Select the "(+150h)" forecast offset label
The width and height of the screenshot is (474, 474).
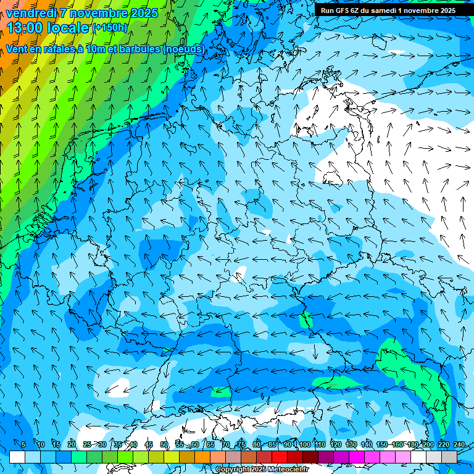click(x=109, y=27)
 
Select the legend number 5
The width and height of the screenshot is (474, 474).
click(x=23, y=445)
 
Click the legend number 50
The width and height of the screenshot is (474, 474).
click(x=164, y=445)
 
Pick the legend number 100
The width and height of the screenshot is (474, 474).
click(x=304, y=445)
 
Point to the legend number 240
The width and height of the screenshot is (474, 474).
click(x=459, y=445)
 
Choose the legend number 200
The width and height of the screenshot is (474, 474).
click(x=428, y=445)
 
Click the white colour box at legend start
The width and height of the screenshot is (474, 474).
click(x=17, y=457)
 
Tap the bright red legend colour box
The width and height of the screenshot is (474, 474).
click(x=280, y=457)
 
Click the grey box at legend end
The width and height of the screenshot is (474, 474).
click(x=449, y=457)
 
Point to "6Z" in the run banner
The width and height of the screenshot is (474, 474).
click(x=359, y=10)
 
